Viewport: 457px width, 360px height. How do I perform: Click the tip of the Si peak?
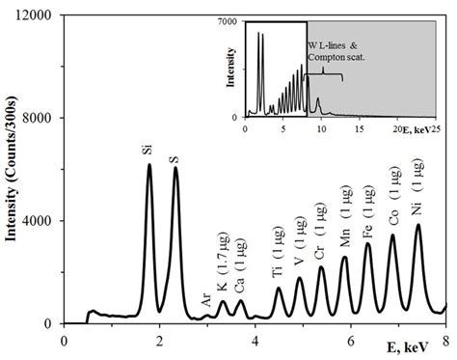[149, 165]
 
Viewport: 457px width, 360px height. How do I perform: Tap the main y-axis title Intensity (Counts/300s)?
[13, 169]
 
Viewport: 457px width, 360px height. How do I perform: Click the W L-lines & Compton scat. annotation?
[341, 52]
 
